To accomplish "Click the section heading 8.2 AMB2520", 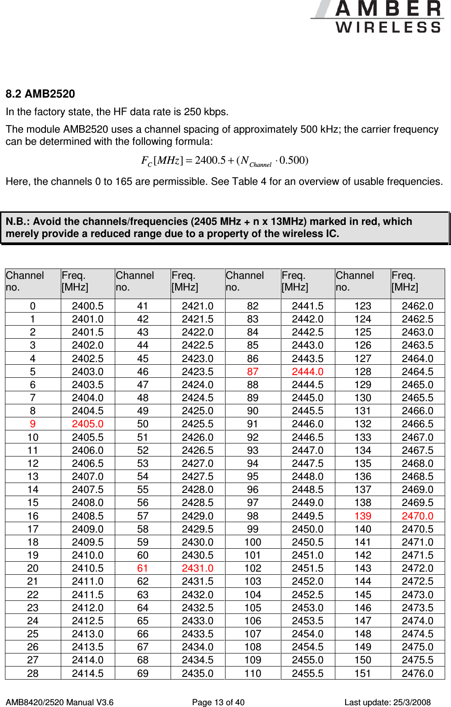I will pos(40,94).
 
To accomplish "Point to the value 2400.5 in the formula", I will pos(210,161).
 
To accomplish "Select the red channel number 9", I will pos(32,424).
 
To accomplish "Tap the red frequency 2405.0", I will pos(87,424).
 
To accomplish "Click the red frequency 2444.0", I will pos(307,371).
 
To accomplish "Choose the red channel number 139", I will pos(363,516).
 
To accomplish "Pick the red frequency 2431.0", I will pos(198,568).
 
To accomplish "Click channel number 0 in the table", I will pos(32,306).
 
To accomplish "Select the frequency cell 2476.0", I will pos(417,673).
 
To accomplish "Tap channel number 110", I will pos(253,673).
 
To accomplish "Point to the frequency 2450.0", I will pos(307,529).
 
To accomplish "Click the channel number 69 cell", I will pos(143,673).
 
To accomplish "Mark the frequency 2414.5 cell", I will pos(87,673).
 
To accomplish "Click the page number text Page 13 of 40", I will pos(218,702).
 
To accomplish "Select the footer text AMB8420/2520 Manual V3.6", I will pos(59,702).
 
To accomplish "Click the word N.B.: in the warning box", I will pos(18,221).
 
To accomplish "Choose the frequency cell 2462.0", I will pos(417,306).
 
